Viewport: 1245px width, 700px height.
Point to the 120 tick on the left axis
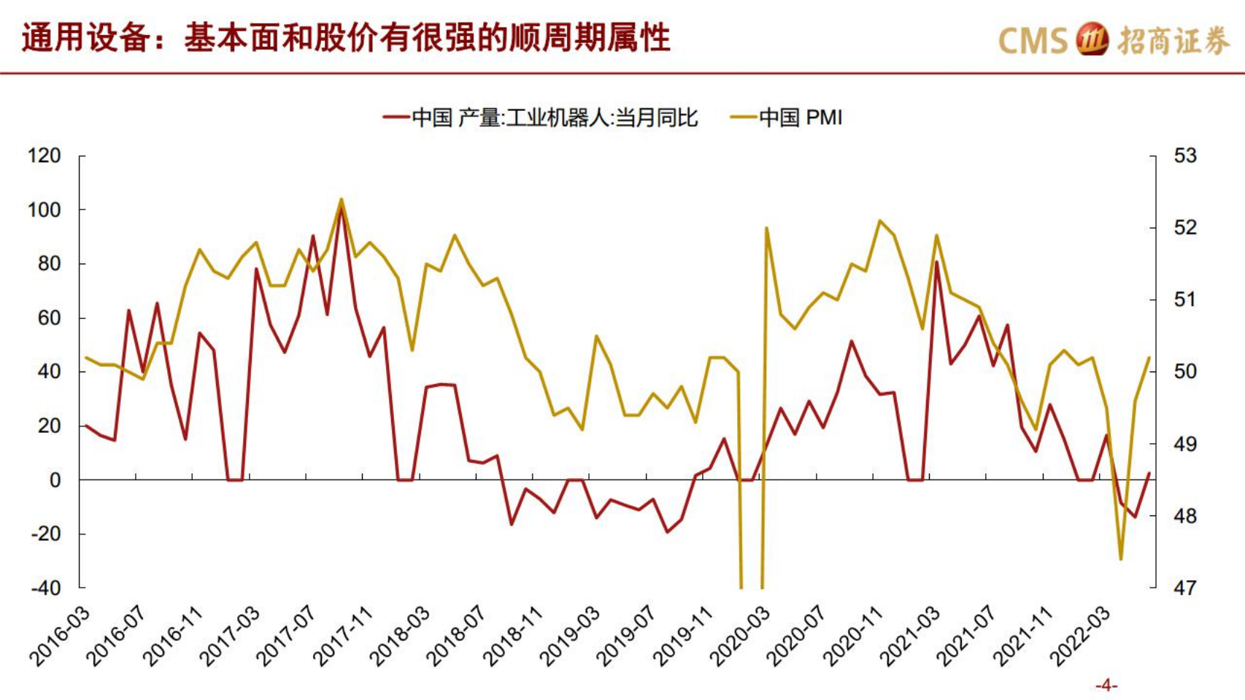(x=44, y=155)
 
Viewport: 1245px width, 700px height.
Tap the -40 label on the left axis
(x=45, y=588)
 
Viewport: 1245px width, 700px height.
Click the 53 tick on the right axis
(x=1185, y=155)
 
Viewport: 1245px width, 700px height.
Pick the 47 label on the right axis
(x=1185, y=588)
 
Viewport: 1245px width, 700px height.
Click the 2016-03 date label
(x=60, y=635)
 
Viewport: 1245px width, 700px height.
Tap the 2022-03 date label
(x=1080, y=635)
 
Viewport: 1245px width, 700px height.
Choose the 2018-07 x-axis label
(x=456, y=635)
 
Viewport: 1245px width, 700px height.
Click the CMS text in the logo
(x=1032, y=40)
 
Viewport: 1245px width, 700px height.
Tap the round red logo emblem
(x=1092, y=39)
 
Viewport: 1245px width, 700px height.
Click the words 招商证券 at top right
(x=1173, y=40)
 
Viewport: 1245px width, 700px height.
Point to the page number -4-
(x=1106, y=685)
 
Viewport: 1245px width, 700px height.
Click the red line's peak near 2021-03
(x=937, y=261)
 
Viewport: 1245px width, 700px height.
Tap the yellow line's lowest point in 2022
(x=1121, y=559)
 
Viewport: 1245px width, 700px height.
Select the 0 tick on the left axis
(x=55, y=480)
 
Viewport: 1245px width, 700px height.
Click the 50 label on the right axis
(x=1185, y=372)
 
